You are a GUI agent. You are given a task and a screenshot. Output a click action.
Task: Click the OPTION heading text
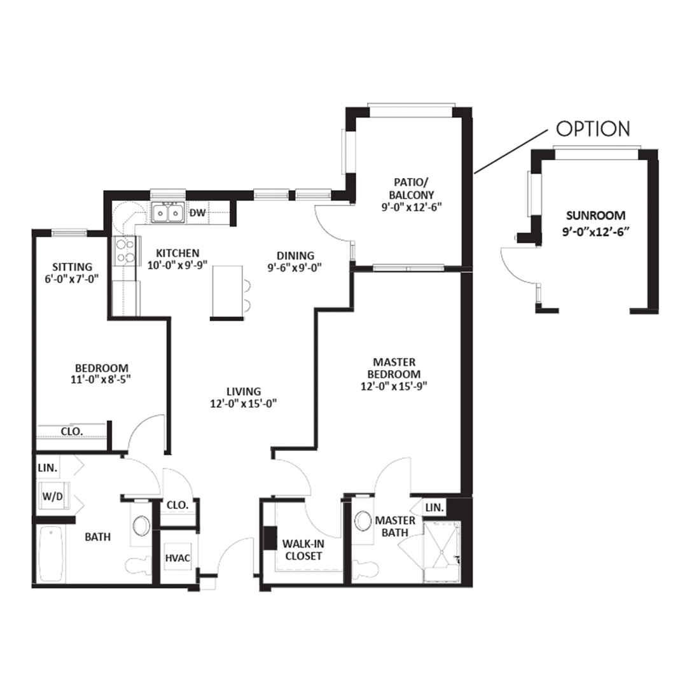coord(593,128)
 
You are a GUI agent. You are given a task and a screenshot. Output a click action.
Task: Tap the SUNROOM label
coord(595,216)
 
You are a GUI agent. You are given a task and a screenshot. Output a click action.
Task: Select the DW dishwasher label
coord(198,213)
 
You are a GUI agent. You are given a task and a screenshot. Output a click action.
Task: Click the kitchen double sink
coord(168,213)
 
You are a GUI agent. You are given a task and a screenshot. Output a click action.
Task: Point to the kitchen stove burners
coord(126,251)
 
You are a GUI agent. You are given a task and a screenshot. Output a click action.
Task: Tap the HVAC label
coord(178,559)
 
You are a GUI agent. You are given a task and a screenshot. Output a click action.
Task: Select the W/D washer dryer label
coord(53,496)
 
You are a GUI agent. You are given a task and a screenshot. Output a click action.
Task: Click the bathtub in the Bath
coord(50,555)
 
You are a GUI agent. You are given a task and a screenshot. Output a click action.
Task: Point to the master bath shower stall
coord(441,552)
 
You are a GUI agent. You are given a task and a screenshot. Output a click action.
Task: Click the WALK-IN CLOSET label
coord(303,550)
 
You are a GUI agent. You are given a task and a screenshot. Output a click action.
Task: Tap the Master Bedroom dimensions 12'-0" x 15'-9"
coord(394,387)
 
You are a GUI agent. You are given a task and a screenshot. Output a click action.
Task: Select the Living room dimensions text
coord(244,403)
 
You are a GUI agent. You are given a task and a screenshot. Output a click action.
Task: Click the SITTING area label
coord(73,267)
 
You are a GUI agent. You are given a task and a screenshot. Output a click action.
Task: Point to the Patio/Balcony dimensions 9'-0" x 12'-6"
coord(412,207)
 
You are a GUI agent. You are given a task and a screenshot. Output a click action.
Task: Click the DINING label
coord(295,256)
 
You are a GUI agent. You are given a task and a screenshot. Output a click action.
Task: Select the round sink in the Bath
coord(141,525)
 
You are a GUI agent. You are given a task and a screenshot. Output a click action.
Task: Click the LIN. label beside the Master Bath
coord(434,508)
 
